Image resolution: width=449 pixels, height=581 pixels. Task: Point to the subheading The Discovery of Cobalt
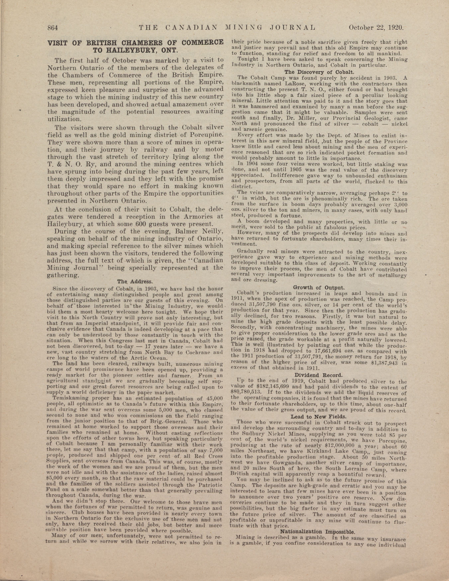tap(319, 72)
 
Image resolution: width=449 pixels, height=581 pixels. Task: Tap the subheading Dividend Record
tap(319, 375)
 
